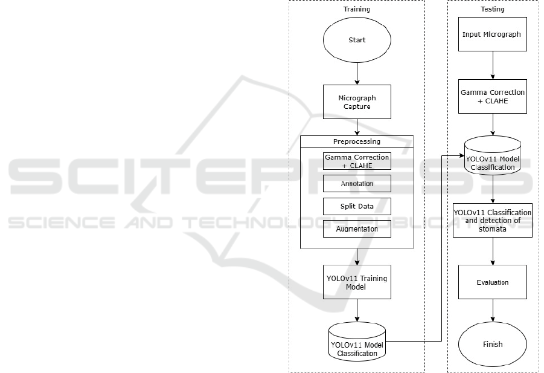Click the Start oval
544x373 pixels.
tap(357, 41)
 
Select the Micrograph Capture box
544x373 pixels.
tap(357, 102)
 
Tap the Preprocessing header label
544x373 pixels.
tap(357, 141)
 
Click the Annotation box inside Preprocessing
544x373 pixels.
tap(357, 183)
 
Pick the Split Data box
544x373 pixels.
tap(357, 206)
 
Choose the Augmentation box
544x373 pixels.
tap(357, 229)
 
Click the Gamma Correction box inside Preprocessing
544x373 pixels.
tap(357, 161)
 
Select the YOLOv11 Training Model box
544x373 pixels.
tap(357, 282)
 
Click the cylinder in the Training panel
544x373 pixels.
tap(357, 342)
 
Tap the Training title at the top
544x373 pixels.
tap(357, 9)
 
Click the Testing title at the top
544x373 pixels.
tap(493, 9)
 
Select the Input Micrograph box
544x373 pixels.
tap(493, 34)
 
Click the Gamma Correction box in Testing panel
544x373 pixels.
tap(493, 96)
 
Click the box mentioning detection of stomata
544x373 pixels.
tap(493, 220)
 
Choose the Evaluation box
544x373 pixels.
tap(493, 282)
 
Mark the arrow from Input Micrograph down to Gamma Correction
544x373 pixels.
tap(493, 65)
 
